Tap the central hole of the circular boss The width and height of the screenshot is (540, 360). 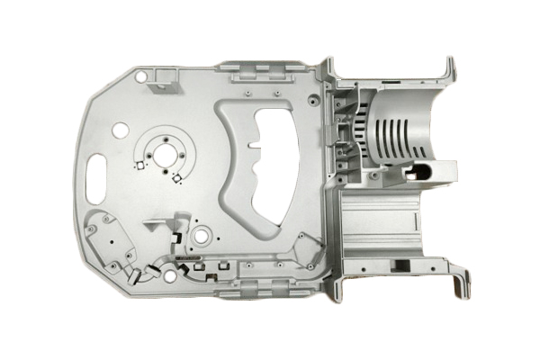(167, 155)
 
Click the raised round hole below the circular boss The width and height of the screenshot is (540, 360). (200, 236)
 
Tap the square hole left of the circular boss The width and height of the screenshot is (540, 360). (139, 166)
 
